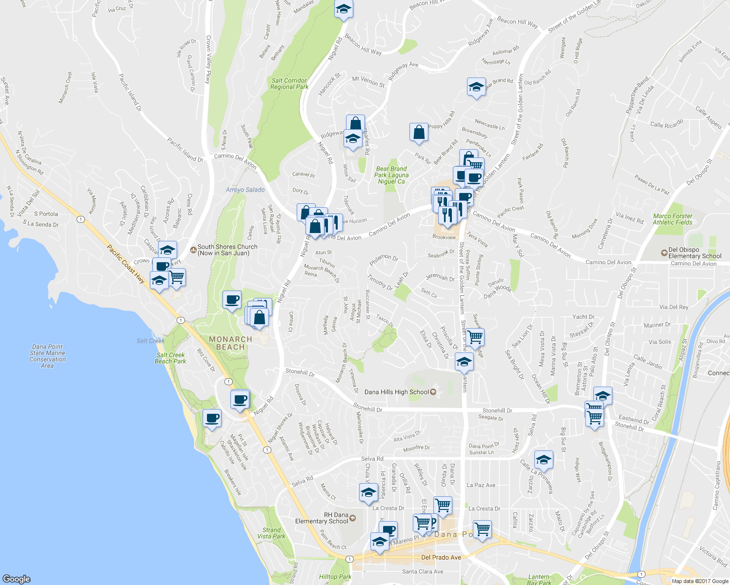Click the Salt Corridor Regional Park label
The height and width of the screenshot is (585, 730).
(289, 84)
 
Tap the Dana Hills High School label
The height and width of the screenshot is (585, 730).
(397, 392)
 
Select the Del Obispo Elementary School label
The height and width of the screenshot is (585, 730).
(694, 253)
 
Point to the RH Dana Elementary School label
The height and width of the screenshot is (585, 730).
(322, 518)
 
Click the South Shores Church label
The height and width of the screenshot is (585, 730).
(227, 250)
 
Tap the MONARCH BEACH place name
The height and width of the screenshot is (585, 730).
(230, 343)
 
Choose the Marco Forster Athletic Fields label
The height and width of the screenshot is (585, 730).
(672, 219)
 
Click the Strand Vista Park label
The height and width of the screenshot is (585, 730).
(271, 533)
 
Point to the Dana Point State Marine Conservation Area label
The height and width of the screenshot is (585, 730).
(47, 356)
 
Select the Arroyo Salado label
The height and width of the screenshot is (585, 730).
(245, 190)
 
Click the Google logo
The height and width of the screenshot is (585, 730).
(16, 579)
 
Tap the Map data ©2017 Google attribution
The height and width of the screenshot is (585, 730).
(700, 581)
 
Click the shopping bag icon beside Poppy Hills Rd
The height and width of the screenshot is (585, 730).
(419, 132)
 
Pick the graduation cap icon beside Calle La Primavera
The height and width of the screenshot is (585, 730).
(544, 460)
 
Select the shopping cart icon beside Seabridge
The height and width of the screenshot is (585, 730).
(475, 336)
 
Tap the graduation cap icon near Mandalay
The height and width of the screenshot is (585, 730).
(344, 9)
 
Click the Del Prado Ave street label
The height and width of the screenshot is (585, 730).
(441, 557)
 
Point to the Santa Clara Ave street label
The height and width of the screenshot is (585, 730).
(423, 571)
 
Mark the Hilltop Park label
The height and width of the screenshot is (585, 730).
(335, 577)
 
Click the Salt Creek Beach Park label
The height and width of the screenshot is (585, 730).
(170, 358)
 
